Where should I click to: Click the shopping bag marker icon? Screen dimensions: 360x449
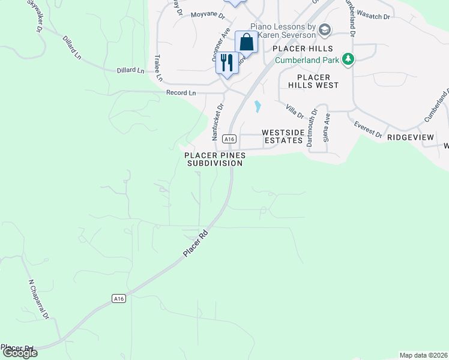click(x=246, y=42)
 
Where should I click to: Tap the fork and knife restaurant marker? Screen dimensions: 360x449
click(x=227, y=62)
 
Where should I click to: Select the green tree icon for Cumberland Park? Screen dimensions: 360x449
click(x=348, y=59)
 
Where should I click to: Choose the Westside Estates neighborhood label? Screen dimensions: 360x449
click(x=282, y=136)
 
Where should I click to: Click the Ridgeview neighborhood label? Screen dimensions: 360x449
click(x=410, y=137)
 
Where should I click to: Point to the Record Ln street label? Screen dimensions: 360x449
click(x=181, y=93)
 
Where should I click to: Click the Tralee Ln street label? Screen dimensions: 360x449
click(x=158, y=68)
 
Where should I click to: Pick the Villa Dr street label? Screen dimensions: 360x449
click(x=295, y=111)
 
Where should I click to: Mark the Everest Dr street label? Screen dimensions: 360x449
click(x=368, y=130)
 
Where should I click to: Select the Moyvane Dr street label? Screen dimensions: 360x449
click(x=206, y=15)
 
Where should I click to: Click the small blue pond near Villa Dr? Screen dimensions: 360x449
click(x=258, y=107)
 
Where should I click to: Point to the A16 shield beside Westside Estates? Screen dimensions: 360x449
click(x=228, y=139)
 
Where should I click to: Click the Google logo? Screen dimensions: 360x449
click(x=19, y=353)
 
